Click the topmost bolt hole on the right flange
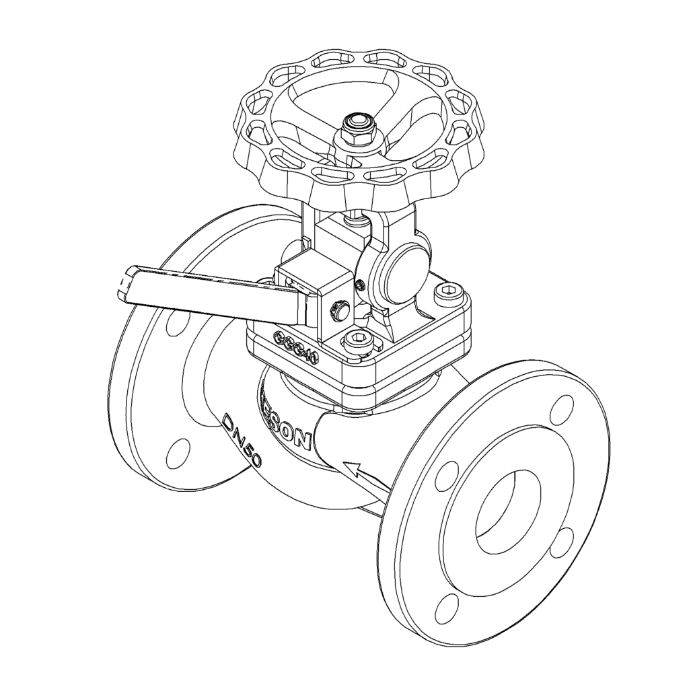point(561,410)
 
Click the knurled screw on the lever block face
point(336,310)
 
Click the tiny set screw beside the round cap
point(361,285)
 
